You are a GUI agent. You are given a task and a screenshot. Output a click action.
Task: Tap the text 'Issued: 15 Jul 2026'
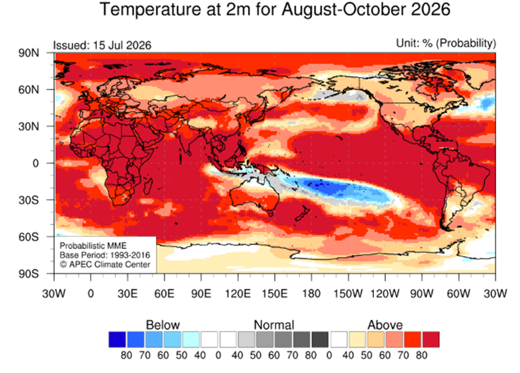tap(102, 45)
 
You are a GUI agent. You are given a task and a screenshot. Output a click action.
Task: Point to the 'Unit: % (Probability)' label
tap(446, 43)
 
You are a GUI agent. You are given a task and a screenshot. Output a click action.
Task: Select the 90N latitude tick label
tap(29, 53)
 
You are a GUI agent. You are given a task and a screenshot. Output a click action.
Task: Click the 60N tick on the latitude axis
tap(29, 90)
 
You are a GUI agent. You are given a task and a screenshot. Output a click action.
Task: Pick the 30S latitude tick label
tap(29, 200)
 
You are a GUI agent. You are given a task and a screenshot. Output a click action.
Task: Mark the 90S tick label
tap(29, 274)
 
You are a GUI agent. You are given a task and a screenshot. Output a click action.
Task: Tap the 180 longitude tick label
tap(311, 293)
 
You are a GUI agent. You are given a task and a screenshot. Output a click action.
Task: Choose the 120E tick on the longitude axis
tap(238, 293)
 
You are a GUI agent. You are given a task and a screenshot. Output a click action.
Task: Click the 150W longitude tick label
tap(348, 293)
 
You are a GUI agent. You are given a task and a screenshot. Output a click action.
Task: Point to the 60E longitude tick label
tap(164, 293)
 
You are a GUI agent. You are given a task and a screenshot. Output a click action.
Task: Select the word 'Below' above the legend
tap(163, 324)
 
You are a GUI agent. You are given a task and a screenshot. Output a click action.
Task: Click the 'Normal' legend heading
tap(274, 324)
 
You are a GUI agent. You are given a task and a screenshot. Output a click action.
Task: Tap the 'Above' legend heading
tap(385, 324)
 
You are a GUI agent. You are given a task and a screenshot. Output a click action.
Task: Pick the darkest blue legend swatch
tap(117, 340)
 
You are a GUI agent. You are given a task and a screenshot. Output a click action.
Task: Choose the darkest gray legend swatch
tap(320, 340)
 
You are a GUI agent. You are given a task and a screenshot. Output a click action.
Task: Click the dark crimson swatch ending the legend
tap(431, 340)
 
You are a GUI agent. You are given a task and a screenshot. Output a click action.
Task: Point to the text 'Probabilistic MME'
tap(93, 246)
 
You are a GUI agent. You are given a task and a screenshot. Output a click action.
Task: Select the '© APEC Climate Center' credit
tap(105, 264)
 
